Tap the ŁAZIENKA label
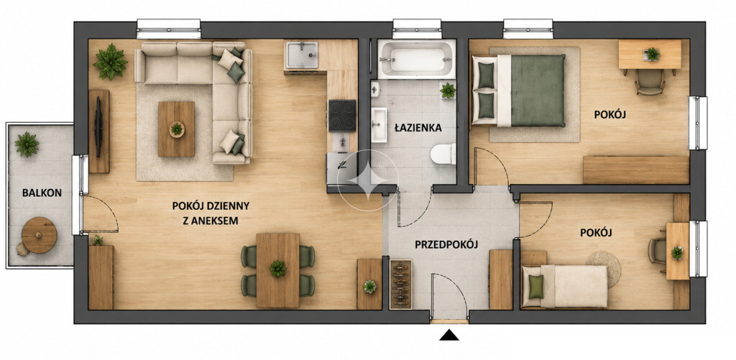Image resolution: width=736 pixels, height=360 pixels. tap(418, 128)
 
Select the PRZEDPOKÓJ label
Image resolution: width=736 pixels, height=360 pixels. tap(446, 244)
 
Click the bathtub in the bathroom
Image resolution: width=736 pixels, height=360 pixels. tap(416, 59)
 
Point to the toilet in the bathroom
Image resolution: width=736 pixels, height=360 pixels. tap(443, 154)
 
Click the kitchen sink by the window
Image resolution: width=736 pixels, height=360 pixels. tap(303, 55)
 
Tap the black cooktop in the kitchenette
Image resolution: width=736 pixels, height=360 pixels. tap(342, 116)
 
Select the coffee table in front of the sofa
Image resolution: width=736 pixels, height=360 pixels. tap(177, 129)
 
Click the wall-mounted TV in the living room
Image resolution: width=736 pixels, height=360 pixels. tap(98, 120)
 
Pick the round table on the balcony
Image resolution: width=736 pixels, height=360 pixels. tap(40, 235)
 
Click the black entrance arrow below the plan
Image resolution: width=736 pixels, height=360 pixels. tap(450, 335)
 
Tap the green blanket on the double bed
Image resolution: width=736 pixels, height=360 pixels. tap(538, 91)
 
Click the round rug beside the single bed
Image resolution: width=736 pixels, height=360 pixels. tap(604, 269)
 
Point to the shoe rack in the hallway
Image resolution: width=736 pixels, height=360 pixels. tap(401, 284)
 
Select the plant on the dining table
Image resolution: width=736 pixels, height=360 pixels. tap(278, 269)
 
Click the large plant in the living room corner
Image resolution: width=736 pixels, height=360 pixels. tap(110, 62)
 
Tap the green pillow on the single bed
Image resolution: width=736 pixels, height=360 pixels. tap(535, 286)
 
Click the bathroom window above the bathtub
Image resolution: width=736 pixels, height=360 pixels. tap(417, 29)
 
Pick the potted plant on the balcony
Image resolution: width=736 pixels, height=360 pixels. tap(27, 144)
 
